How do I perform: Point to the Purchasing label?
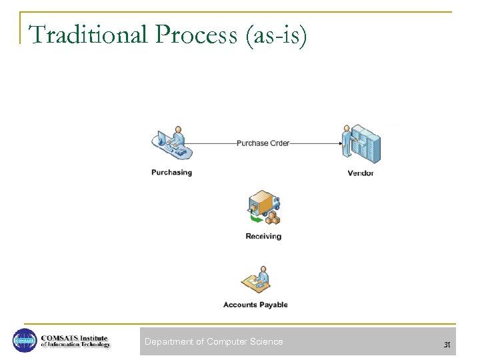(171, 173)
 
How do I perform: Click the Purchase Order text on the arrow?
(263, 143)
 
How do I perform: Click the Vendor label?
(361, 173)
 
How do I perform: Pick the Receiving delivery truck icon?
(263, 207)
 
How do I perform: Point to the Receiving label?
(263, 236)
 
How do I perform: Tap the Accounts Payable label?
(255, 305)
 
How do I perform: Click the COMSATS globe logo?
(24, 341)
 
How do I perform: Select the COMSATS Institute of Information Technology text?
(75, 341)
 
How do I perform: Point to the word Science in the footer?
(267, 342)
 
